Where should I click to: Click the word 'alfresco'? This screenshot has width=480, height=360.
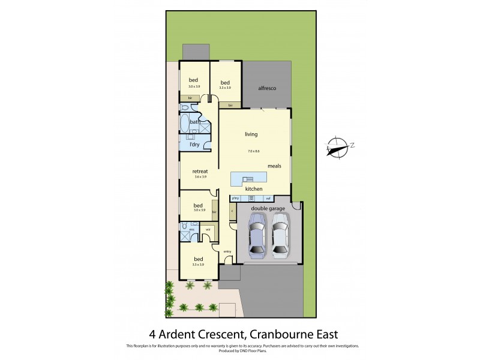point(266,88)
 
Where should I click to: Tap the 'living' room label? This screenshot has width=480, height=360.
point(251,134)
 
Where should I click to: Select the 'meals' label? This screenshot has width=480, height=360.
point(275,166)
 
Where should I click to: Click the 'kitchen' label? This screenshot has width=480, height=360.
point(254,190)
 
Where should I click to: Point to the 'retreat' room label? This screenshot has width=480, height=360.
point(200,171)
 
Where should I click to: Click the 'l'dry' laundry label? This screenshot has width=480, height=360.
point(194,145)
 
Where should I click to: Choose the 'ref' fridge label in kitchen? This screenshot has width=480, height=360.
point(269,199)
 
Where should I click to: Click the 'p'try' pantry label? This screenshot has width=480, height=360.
point(236,199)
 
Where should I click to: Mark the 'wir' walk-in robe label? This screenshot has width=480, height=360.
point(208,229)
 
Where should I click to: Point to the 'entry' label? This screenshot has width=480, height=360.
point(227,251)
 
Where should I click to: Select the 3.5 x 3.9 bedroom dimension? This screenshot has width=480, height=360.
point(199,265)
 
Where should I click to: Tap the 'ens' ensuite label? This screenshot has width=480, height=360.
point(192,229)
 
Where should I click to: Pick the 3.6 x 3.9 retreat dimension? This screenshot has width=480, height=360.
point(200,177)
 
